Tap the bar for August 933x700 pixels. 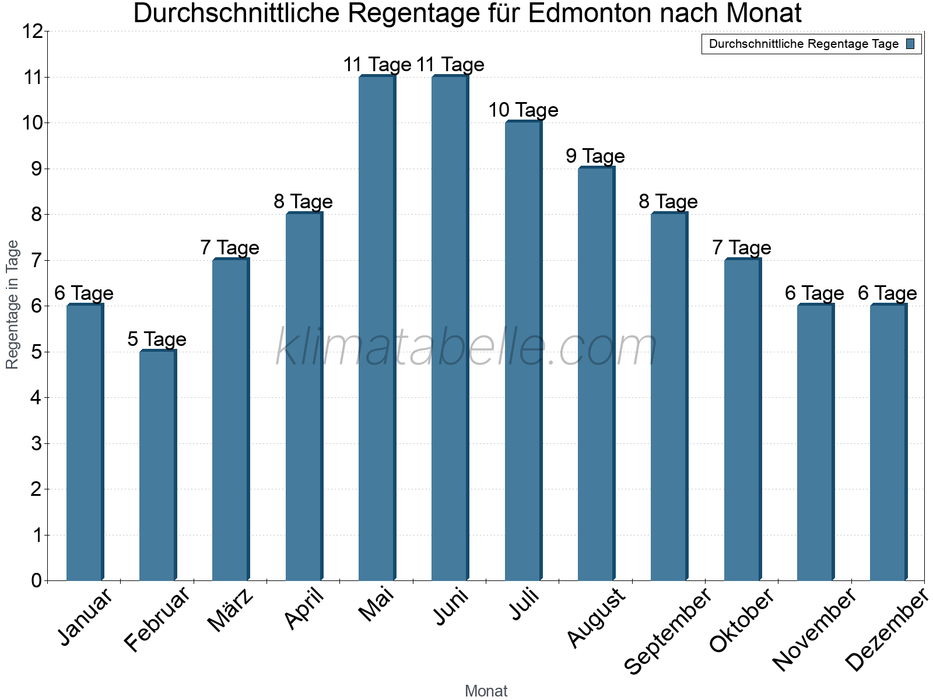tap(596, 373)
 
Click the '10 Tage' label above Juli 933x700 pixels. tap(523, 110)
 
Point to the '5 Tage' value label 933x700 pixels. tap(157, 339)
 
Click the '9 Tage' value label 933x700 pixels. tap(595, 156)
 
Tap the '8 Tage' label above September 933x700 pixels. tap(668, 201)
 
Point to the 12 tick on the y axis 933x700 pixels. tap(32, 32)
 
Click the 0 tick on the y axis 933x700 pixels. tap(36, 580)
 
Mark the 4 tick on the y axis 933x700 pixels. tap(36, 398)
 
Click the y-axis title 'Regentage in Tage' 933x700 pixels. tap(12, 304)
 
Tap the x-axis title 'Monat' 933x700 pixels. tap(486, 691)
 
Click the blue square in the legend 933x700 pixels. tap(911, 44)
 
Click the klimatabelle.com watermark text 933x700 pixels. tap(466, 347)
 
